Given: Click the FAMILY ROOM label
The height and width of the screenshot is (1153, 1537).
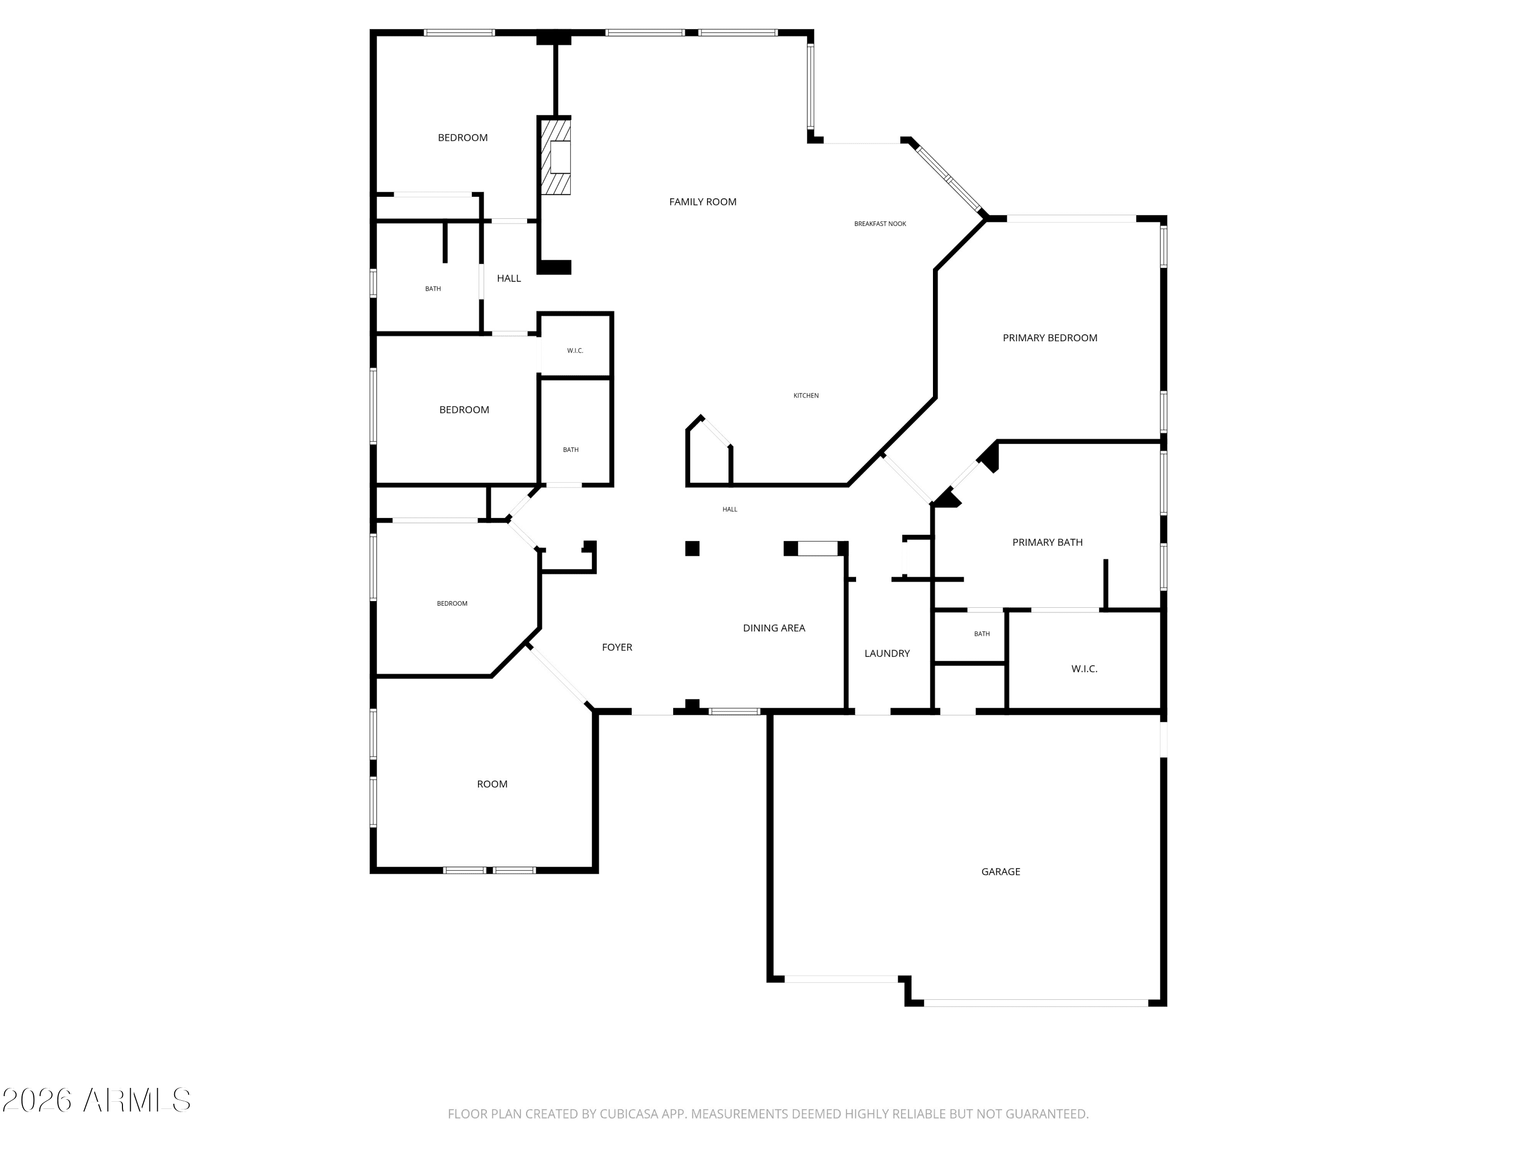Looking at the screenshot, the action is coord(702,201).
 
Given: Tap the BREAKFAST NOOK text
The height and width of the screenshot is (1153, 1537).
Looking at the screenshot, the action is coord(880,224).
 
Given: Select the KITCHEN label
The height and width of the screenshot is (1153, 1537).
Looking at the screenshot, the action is coord(806,396).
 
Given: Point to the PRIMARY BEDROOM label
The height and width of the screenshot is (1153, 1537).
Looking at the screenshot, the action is coord(1050,338).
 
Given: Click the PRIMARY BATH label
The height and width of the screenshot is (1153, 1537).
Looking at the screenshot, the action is coord(1047,542).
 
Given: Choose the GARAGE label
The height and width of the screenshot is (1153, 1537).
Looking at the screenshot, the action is coord(1001,872).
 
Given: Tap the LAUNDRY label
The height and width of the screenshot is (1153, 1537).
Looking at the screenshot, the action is coord(887,653).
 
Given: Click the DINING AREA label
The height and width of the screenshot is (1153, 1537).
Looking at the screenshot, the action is coord(774,628).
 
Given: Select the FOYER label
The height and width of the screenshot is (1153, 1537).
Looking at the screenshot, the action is coord(617,647).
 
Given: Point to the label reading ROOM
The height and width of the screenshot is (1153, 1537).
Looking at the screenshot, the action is coord(492,784).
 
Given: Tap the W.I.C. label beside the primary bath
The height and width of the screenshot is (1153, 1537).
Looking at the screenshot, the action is coord(1084,669).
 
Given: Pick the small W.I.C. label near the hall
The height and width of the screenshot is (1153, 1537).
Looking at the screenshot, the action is coord(575,351).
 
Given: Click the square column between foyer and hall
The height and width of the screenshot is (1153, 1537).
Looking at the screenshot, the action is coord(692,548).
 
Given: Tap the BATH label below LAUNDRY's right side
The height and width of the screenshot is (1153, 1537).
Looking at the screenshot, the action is coord(982,634).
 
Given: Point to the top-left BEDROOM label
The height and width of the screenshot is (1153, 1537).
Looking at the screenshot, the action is coord(463,138).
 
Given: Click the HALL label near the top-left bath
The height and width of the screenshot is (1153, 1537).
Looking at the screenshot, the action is coord(509,278).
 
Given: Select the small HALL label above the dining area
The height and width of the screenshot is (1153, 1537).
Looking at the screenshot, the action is coord(730,509).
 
